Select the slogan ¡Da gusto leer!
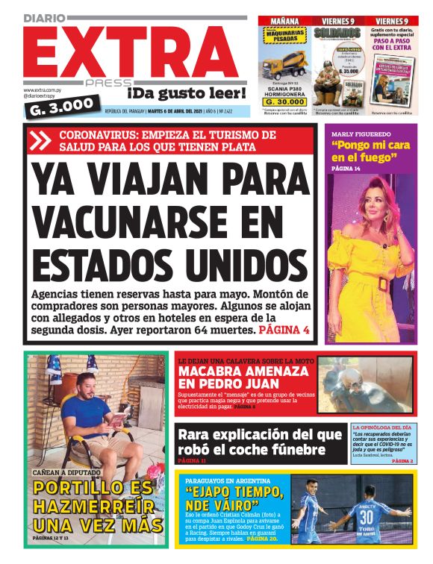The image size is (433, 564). [187, 93]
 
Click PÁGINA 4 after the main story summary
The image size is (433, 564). [284, 329]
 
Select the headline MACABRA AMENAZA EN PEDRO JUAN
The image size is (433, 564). [243, 377]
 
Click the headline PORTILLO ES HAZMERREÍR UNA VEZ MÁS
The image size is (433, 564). [98, 507]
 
